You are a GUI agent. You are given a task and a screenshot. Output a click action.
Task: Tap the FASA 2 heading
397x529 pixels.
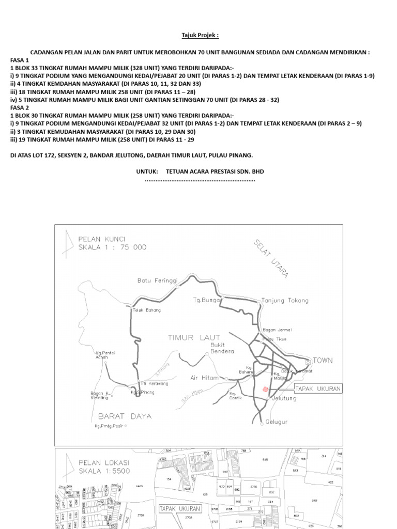tap(19, 107)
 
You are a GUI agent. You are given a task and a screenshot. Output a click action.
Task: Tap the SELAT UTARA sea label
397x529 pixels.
tap(271, 259)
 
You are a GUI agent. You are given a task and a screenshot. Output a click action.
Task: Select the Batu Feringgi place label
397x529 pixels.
tap(157, 281)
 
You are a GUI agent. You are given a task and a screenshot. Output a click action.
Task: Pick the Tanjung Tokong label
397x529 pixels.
tap(285, 300)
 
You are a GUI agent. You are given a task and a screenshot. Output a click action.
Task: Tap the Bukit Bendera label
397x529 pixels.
tap(222, 348)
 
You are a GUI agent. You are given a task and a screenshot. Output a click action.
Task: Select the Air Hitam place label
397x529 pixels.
tap(202, 378)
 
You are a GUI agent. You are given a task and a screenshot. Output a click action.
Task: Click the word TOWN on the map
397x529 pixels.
tap(323, 360)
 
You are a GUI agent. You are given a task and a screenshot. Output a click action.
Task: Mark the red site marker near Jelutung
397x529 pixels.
tap(266, 389)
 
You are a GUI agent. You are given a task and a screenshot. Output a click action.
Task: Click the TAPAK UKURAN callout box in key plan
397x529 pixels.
tap(318, 388)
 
